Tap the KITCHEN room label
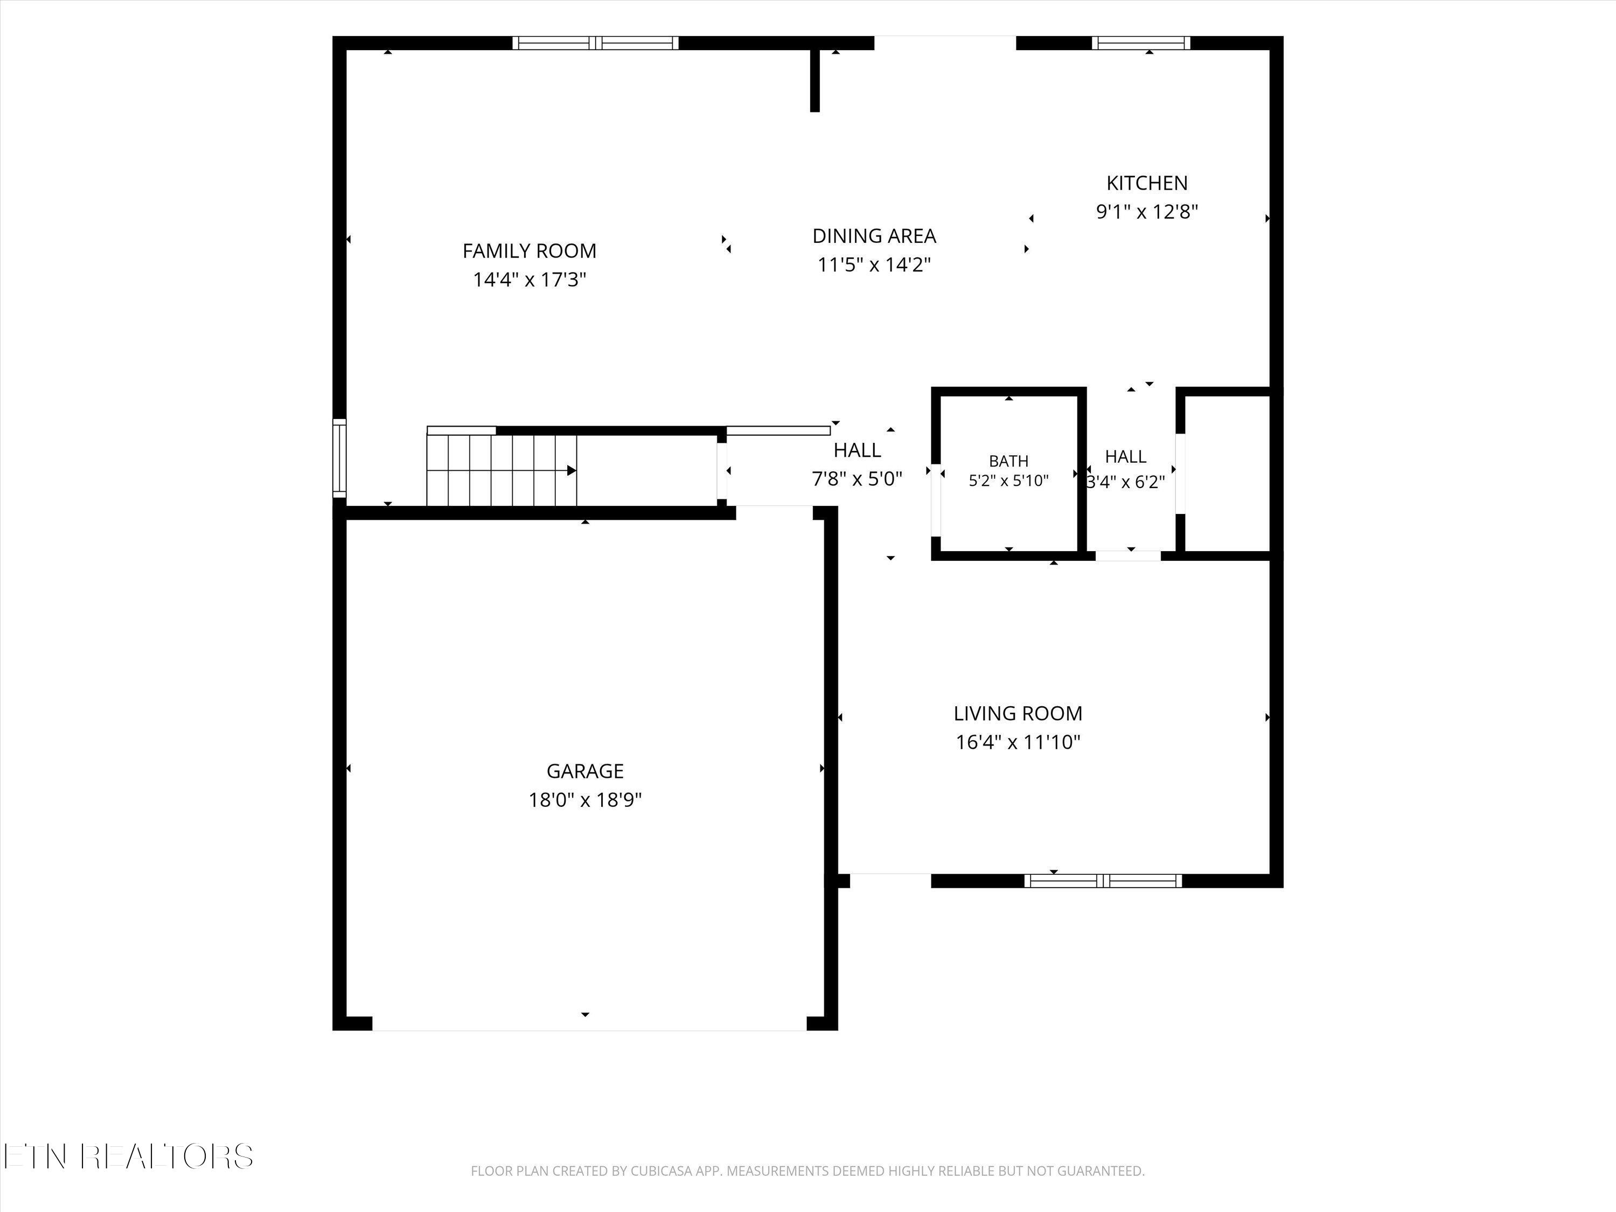(1147, 183)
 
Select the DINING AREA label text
(874, 236)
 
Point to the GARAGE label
(585, 771)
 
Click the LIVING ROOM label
(1018, 713)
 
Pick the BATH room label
(1009, 461)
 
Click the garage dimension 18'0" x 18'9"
(585, 800)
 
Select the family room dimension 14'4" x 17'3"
(530, 280)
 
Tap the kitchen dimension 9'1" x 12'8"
(1147, 212)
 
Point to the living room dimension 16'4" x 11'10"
(1018, 742)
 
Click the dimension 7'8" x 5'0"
(857, 479)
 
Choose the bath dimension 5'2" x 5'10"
(1009, 480)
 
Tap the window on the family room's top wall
(595, 43)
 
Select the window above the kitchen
(1140, 43)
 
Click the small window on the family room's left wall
(339, 458)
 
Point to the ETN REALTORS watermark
(128, 1157)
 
